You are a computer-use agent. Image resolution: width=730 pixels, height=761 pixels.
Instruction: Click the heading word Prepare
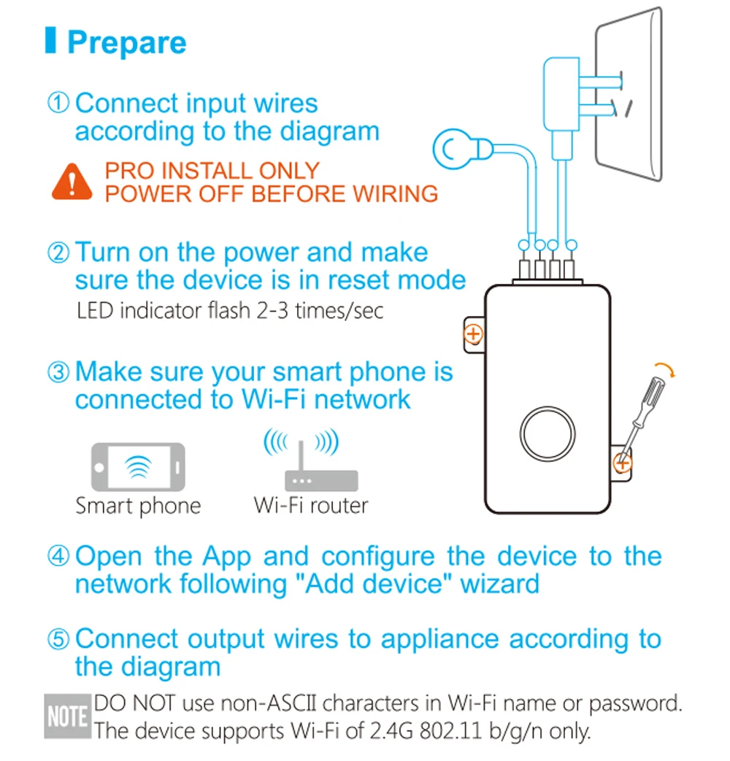127,43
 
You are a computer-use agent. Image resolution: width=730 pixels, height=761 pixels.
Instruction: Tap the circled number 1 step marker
58,103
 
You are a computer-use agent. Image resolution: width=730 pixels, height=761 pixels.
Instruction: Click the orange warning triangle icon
72,182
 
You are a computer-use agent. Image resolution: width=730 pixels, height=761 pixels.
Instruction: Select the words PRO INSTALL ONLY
212,171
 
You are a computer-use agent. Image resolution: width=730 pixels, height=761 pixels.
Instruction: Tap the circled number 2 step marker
58,253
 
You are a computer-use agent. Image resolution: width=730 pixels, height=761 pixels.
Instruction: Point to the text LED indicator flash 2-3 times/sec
230,311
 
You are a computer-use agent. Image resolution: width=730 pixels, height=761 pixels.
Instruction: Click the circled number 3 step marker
58,372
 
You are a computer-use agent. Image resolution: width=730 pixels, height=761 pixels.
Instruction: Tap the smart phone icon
139,467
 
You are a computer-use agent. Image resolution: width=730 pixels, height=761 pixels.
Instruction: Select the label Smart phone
139,506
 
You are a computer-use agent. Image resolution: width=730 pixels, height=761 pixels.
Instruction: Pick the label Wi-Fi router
311,505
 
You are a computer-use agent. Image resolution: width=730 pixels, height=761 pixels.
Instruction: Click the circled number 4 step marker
58,556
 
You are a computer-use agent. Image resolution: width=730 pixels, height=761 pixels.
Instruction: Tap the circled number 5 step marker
58,638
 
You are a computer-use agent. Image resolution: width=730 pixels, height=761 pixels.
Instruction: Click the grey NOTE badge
67,716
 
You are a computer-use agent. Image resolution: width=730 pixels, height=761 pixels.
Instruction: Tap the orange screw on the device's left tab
473,334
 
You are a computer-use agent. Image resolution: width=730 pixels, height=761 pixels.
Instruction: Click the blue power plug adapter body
561,93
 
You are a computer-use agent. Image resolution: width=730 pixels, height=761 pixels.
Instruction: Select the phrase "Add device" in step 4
378,584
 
